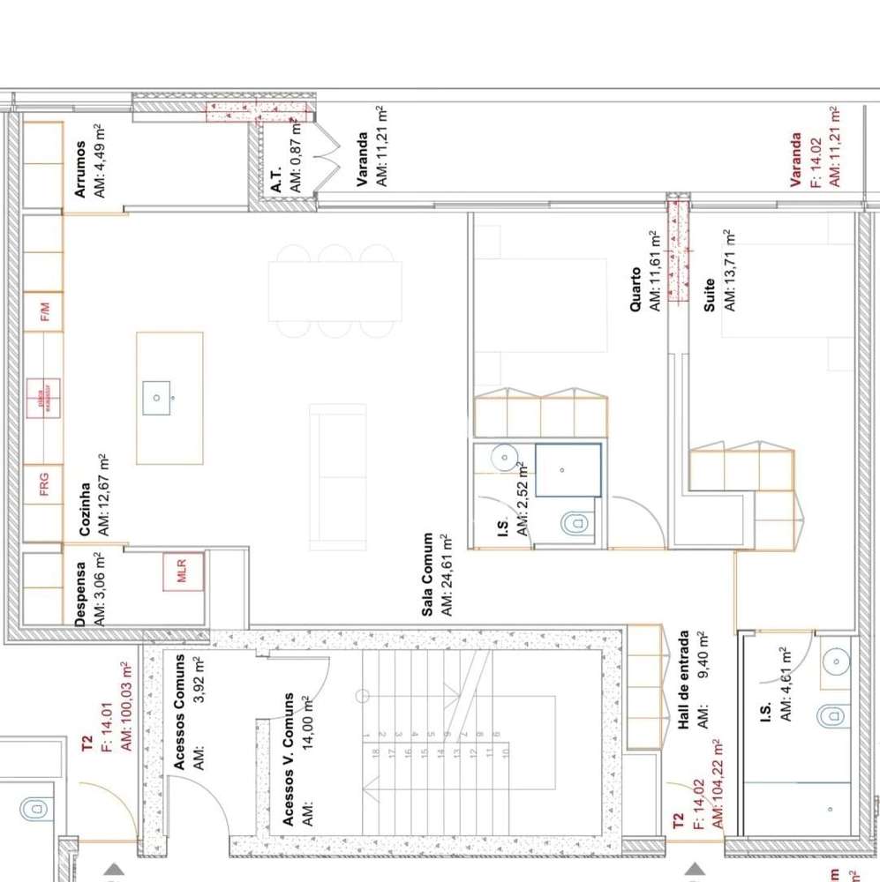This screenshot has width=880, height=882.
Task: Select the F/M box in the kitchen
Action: tap(43, 311)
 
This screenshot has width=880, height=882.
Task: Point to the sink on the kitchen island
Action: tap(156, 398)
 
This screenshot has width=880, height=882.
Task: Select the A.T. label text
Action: tap(276, 180)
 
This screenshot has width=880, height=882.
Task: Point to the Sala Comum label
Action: tap(428, 574)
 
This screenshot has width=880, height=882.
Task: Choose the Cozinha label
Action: tap(86, 509)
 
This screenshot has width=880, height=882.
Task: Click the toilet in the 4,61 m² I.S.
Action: tap(831, 715)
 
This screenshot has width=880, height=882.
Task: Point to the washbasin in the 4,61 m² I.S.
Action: tap(833, 660)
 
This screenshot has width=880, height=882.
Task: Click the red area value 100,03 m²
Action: tap(125, 706)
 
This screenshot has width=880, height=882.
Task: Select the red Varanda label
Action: tap(796, 160)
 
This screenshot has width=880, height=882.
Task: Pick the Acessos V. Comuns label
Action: tap(289, 759)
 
